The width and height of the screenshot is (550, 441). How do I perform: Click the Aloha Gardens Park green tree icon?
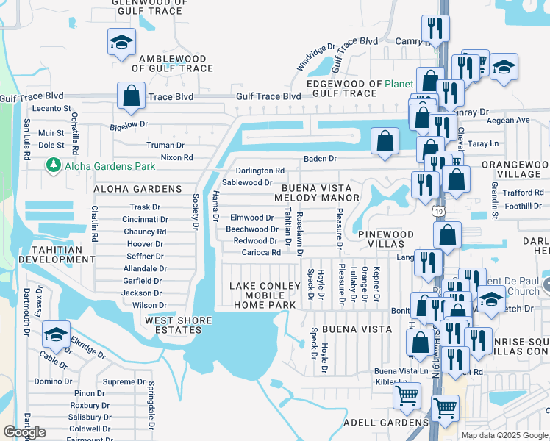[x=52, y=166]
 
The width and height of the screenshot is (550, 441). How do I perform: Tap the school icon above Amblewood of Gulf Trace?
[x=118, y=43]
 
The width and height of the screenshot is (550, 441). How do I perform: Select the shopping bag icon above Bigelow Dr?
[x=131, y=96]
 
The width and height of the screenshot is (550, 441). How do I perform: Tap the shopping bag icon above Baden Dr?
[x=385, y=140]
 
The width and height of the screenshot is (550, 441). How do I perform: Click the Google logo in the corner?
[x=24, y=432]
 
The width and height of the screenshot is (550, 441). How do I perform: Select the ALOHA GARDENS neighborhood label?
[x=137, y=189]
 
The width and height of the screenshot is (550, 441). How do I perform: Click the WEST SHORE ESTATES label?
[x=179, y=325]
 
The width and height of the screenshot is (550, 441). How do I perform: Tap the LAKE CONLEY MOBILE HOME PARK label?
[x=257, y=295]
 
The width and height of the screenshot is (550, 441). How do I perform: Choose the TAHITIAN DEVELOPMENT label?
[x=46, y=254]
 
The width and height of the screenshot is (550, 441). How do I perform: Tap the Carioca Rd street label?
[x=261, y=252]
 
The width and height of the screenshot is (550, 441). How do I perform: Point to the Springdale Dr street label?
[x=151, y=404]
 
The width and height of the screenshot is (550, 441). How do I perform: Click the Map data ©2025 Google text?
[x=504, y=435]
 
